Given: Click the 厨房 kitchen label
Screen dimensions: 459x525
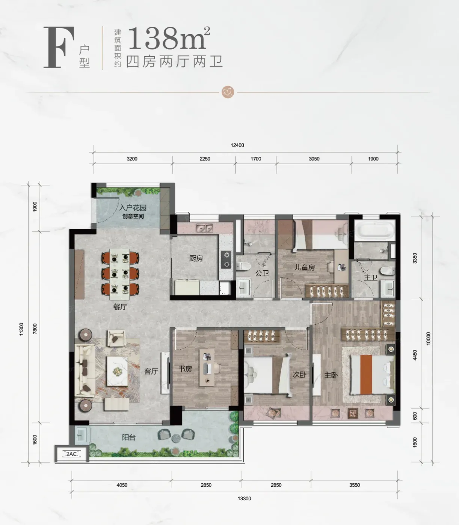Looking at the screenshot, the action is pyautogui.click(x=196, y=258).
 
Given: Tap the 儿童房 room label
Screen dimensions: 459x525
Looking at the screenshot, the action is pyautogui.click(x=305, y=267).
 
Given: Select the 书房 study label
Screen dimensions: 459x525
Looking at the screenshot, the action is pyautogui.click(x=185, y=369).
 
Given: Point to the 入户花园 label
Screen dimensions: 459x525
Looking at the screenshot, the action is pyautogui.click(x=133, y=207).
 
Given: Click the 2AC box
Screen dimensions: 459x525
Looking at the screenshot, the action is pyautogui.click(x=72, y=454).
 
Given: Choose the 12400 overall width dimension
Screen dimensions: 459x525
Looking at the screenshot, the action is pyautogui.click(x=237, y=145).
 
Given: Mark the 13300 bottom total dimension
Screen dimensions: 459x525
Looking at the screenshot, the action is pyautogui.click(x=244, y=498).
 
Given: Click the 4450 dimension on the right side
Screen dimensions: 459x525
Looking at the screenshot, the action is pyautogui.click(x=415, y=355).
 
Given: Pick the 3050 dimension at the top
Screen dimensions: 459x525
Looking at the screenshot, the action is pyautogui.click(x=314, y=159).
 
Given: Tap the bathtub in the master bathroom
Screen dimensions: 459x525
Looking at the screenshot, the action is pyautogui.click(x=375, y=230).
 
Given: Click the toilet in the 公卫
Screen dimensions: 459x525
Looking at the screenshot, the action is pyautogui.click(x=243, y=266).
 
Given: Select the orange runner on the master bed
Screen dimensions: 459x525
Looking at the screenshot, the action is pyautogui.click(x=366, y=375).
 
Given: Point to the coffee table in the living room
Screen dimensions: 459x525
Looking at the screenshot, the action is pyautogui.click(x=117, y=371).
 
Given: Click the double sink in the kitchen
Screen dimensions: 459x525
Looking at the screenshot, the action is pyautogui.click(x=204, y=228).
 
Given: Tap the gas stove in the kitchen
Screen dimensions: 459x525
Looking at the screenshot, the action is pyautogui.click(x=226, y=259).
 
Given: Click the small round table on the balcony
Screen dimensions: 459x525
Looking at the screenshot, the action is pyautogui.click(x=176, y=438).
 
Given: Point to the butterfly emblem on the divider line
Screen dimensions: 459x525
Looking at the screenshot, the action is pyautogui.click(x=228, y=92).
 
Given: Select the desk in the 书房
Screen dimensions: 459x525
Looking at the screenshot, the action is pyautogui.click(x=207, y=367).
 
